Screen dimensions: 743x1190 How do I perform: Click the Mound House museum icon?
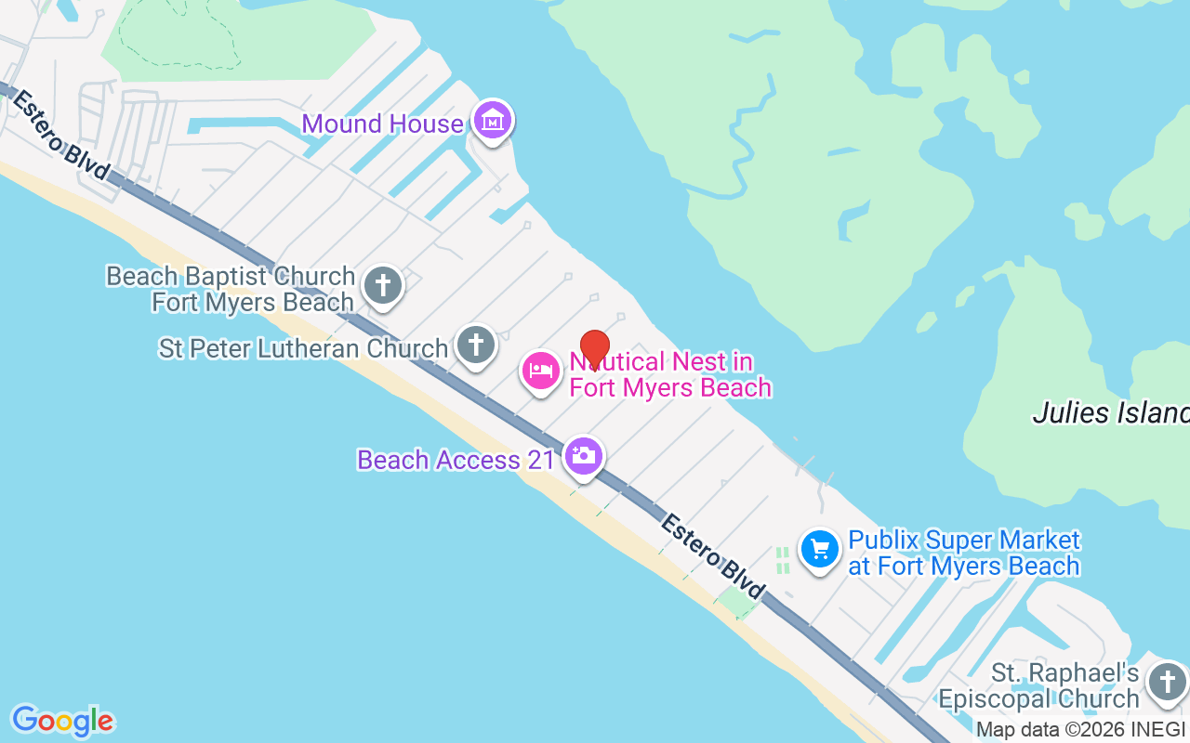click(x=492, y=120)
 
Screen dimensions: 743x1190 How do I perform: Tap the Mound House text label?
click(x=382, y=124)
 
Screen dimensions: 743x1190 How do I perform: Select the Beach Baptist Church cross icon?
click(x=382, y=285)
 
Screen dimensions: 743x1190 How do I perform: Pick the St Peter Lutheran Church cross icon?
click(x=475, y=345)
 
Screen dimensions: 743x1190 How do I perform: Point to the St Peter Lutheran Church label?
click(x=303, y=349)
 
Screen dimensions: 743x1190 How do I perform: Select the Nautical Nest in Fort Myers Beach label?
click(x=669, y=374)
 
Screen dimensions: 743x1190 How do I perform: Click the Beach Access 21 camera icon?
click(x=583, y=456)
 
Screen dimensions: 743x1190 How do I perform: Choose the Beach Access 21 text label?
click(x=456, y=461)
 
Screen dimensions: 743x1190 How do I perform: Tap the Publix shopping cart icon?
click(x=820, y=550)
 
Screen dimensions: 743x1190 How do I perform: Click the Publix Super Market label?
click(x=963, y=553)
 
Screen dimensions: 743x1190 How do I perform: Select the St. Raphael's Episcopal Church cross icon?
click(x=1167, y=683)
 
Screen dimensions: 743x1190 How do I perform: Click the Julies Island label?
click(x=1111, y=412)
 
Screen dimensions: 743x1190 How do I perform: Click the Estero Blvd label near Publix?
click(x=712, y=556)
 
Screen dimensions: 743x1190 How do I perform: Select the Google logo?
click(x=62, y=721)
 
